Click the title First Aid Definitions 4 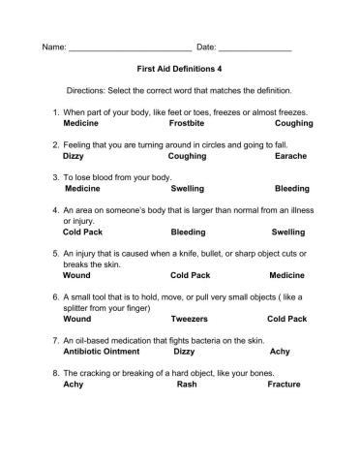[x=180, y=70]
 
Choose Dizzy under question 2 [x=73, y=155]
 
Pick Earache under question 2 [x=291, y=155]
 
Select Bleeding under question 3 [x=291, y=189]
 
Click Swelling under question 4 [x=288, y=232]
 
